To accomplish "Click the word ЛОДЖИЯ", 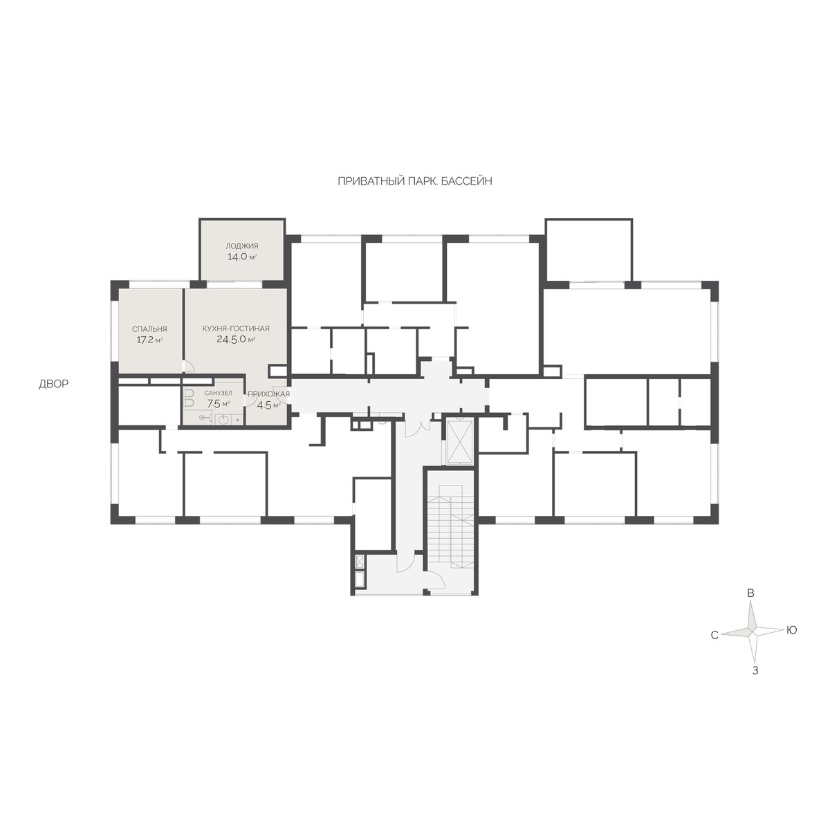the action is pyautogui.click(x=241, y=246).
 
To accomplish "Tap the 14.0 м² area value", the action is pyautogui.click(x=241, y=257).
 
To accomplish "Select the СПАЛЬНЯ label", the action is pyautogui.click(x=149, y=329).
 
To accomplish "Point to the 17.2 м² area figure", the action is pyautogui.click(x=149, y=340).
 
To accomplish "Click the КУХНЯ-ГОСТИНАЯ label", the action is pyautogui.click(x=236, y=329).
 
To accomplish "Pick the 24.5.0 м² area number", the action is pyautogui.click(x=236, y=339).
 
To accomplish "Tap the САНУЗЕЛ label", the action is pyautogui.click(x=218, y=393).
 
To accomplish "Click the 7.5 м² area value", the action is pyautogui.click(x=218, y=403).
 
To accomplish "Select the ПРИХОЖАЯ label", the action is pyautogui.click(x=268, y=394).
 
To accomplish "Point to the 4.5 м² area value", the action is pyautogui.click(x=268, y=405).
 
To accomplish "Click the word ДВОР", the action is pyautogui.click(x=54, y=384).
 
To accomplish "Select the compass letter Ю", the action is pyautogui.click(x=792, y=630).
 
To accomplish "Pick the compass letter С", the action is pyautogui.click(x=714, y=636).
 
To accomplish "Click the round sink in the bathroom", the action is pyautogui.click(x=223, y=420).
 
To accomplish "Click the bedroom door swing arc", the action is pyautogui.click(x=190, y=366).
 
